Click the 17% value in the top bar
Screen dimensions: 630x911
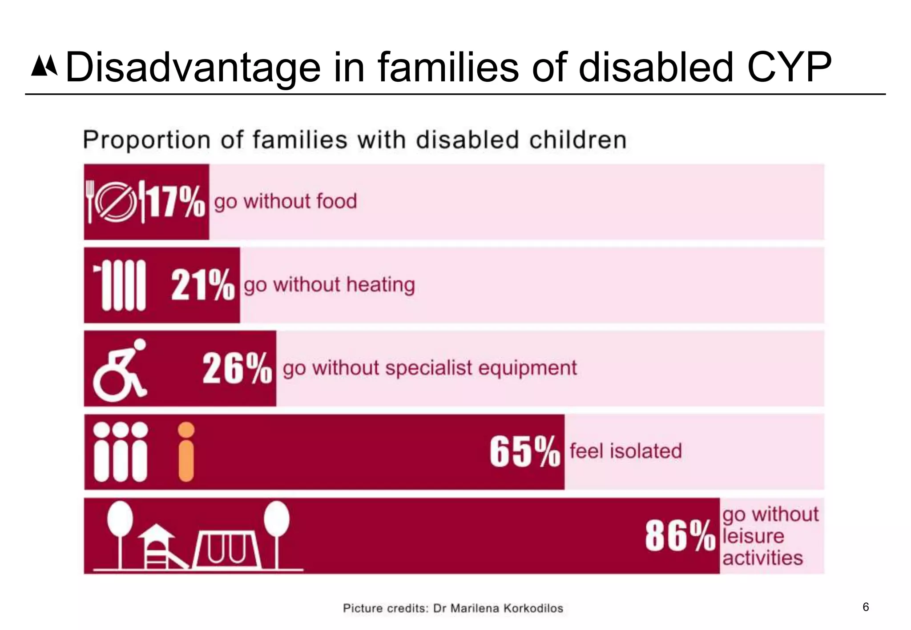click(x=176, y=202)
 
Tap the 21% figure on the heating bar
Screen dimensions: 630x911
click(x=202, y=285)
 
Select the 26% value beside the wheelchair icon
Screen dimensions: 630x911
click(x=237, y=368)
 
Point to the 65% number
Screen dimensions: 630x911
click(x=525, y=452)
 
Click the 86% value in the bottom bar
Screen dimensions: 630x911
click(x=680, y=535)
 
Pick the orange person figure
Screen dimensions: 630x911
click(x=186, y=452)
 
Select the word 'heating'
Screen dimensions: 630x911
click(x=380, y=285)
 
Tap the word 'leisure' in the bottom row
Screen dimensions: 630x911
click(x=753, y=536)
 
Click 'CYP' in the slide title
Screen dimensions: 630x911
click(x=789, y=68)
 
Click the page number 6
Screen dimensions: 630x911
click(x=865, y=607)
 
